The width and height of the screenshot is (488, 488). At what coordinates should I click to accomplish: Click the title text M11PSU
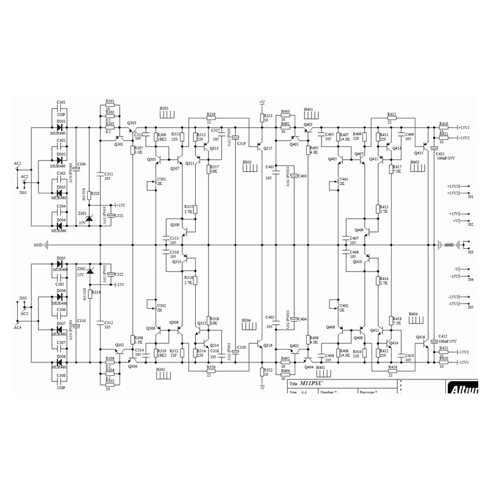pyautogui.click(x=314, y=384)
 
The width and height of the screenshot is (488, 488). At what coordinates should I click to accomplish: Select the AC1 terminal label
pyautogui.click(x=18, y=163)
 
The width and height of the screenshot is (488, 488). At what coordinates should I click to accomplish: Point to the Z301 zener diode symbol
pyautogui.click(x=89, y=218)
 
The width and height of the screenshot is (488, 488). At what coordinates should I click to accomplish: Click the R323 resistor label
pyautogui.click(x=95, y=193)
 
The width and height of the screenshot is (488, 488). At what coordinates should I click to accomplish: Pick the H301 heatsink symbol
pyautogui.click(x=167, y=113)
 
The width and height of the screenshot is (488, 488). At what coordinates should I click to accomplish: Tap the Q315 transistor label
pyautogui.click(x=268, y=148)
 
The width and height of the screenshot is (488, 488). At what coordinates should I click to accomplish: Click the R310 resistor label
pyautogui.click(x=162, y=351)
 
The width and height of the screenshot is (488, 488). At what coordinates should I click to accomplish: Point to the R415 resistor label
pyautogui.click(x=392, y=114)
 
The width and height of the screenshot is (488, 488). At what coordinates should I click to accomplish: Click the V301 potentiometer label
pyautogui.click(x=162, y=179)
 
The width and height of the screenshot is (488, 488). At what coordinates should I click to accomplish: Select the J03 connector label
pyautogui.click(x=470, y=251)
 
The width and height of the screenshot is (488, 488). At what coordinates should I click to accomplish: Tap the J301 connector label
pyautogui.click(x=23, y=192)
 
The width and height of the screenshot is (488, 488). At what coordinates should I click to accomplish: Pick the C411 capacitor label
pyautogui.click(x=440, y=154)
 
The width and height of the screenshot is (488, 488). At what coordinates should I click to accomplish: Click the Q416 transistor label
pyautogui.click(x=420, y=337)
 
